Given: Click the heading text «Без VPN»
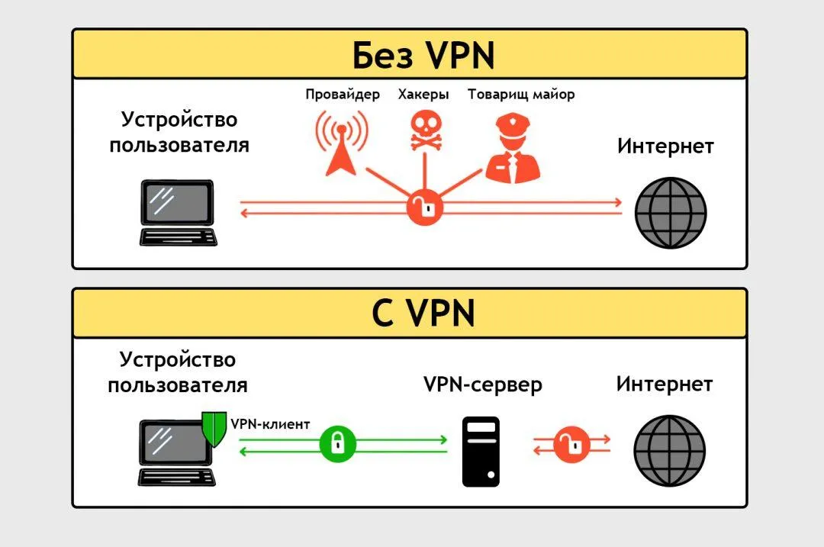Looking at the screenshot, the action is click(423, 55).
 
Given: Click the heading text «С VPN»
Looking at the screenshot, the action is click(423, 314).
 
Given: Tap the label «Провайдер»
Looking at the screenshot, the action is click(343, 95).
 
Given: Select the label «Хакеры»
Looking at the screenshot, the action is click(423, 95).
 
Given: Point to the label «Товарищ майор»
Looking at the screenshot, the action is click(521, 95).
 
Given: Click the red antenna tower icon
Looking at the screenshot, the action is click(342, 143).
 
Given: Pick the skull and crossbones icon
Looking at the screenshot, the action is click(426, 130).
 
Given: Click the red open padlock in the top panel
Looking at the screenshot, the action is click(425, 208).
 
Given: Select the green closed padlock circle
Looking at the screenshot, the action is click(338, 444).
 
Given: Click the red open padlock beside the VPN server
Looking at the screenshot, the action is click(571, 445).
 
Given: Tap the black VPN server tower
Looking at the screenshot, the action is click(481, 452).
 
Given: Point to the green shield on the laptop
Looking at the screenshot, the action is click(214, 428).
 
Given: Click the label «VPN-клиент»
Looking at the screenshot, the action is click(270, 424).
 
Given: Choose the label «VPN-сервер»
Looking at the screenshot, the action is click(483, 385).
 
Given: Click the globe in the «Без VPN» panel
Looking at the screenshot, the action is click(671, 213).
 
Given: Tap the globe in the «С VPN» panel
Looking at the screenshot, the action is click(670, 451).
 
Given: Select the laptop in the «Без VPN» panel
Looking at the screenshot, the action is click(178, 213).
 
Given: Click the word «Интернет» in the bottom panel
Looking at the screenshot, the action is click(665, 384).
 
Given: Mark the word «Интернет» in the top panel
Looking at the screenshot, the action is click(665, 146).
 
